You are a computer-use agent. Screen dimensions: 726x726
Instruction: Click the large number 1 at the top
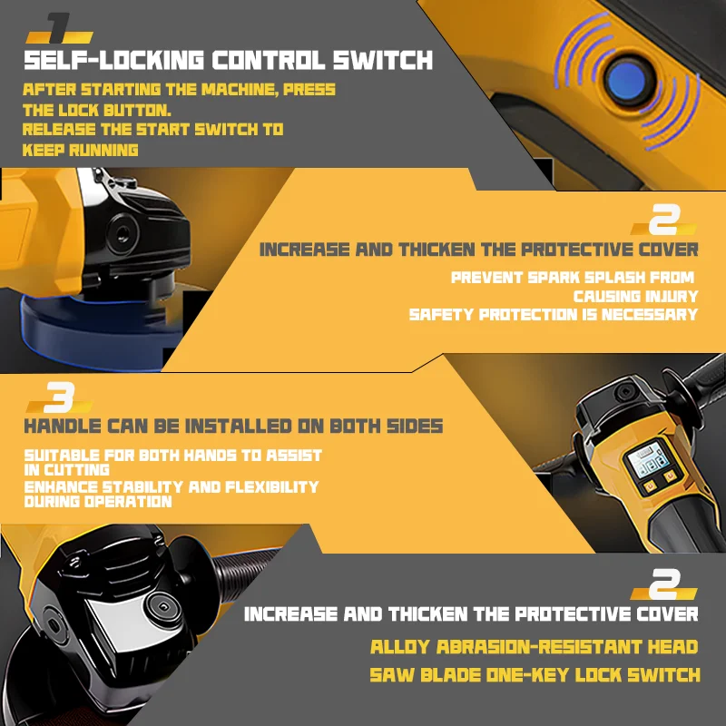(59, 28)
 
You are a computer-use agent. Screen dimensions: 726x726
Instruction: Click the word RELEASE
(59, 129)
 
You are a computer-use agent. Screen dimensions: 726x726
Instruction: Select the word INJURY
(672, 296)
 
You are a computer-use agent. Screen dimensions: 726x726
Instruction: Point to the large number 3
(59, 397)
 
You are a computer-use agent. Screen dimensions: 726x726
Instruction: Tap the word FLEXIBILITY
(272, 486)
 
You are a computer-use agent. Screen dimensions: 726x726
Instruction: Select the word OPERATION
(128, 501)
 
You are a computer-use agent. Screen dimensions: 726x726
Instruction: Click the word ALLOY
(400, 647)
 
